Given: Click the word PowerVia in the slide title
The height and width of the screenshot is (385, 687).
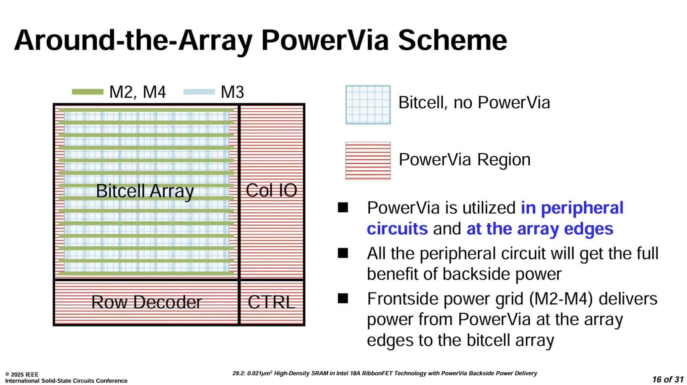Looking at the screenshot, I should pyautogui.click(x=325, y=40).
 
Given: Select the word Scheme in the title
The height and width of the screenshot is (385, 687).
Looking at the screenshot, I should pyautogui.click(x=452, y=40).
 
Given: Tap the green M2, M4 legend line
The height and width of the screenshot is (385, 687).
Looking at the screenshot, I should pyautogui.click(x=88, y=92).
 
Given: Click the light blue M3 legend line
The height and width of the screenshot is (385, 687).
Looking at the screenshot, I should pyautogui.click(x=199, y=92).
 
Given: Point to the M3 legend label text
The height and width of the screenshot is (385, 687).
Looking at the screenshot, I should pyautogui.click(x=232, y=92).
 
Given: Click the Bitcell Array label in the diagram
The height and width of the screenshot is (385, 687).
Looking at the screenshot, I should pyautogui.click(x=145, y=191).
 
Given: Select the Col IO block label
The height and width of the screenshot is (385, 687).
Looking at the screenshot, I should pyautogui.click(x=271, y=190).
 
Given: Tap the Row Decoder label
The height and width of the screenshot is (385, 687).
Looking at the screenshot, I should pyautogui.click(x=147, y=302).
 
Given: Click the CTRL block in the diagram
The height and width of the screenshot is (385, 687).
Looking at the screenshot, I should pyautogui.click(x=271, y=302).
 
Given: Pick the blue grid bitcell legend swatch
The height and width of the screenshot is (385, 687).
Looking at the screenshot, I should pyautogui.click(x=368, y=105).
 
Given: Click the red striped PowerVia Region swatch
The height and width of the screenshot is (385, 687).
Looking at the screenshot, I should pyautogui.click(x=368, y=161).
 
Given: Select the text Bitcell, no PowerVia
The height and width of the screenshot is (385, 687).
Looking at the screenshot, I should pyautogui.click(x=474, y=103).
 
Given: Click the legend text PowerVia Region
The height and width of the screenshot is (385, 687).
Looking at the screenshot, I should pyautogui.click(x=465, y=160).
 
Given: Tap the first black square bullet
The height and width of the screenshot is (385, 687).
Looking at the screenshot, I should pyautogui.click(x=343, y=208).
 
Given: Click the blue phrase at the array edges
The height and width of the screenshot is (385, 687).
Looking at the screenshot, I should pyautogui.click(x=540, y=229).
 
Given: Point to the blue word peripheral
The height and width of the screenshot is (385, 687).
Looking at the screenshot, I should pyautogui.click(x=582, y=208).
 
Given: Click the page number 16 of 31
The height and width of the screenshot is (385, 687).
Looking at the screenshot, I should pyautogui.click(x=668, y=379).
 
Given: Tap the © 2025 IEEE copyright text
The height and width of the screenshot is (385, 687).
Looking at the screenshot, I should pyautogui.click(x=22, y=374).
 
